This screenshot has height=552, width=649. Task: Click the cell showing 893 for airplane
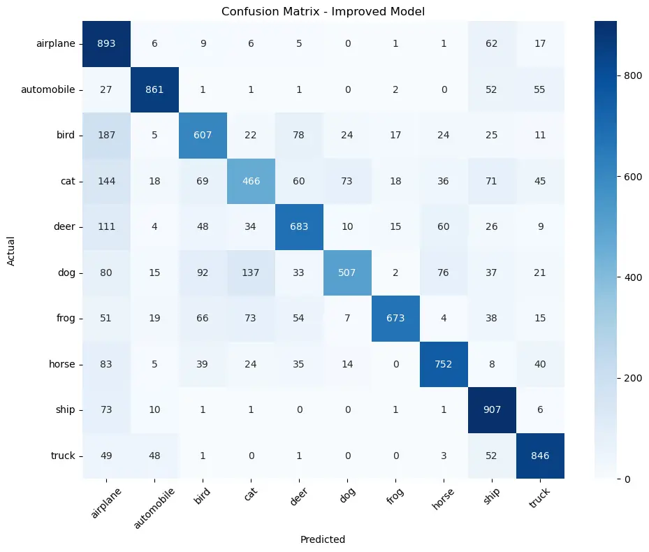[108, 43]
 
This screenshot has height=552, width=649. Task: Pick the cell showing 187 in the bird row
[108, 136]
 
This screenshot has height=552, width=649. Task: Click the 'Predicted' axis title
[322, 539]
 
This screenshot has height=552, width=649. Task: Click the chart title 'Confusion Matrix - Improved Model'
[322, 11]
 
